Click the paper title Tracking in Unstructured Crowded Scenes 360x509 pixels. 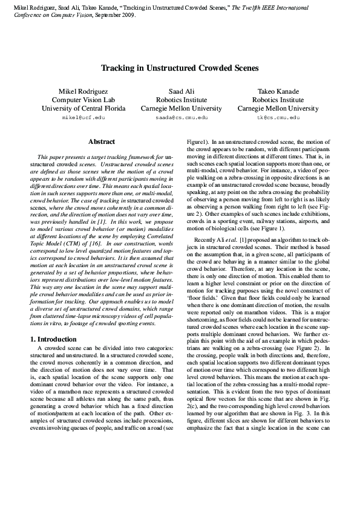click(180, 69)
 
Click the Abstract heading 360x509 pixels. click(101, 142)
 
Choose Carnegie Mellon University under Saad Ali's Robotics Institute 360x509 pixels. click(180, 109)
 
